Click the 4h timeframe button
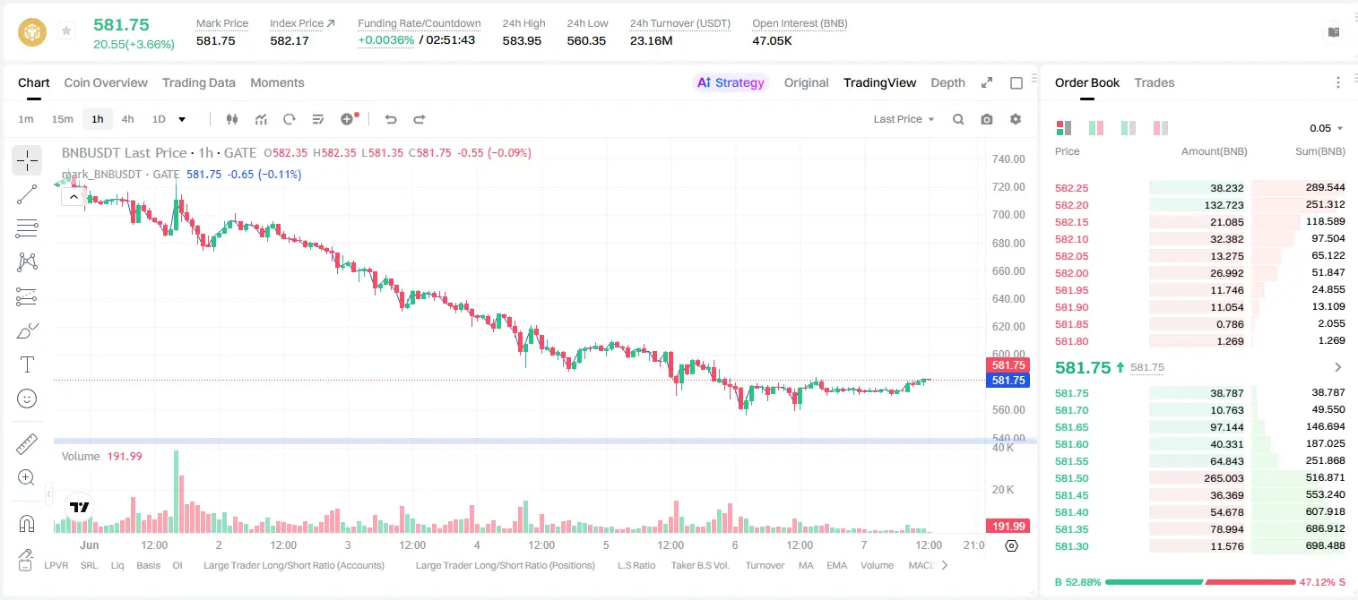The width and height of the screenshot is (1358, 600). pos(127,119)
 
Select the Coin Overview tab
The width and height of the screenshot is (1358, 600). pos(106,82)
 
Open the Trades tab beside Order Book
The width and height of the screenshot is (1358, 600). pos(1155,82)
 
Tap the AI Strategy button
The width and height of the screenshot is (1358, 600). pos(731,82)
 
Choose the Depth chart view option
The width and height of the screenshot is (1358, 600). pos(947,82)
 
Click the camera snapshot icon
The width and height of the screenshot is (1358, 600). pos(987,119)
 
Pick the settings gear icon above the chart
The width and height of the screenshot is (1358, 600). pos(1016,119)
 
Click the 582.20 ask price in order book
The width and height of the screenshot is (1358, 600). pos(1071,205)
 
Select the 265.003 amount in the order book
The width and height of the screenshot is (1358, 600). pos(1224,478)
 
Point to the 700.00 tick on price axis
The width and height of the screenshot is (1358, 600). pos(1008,215)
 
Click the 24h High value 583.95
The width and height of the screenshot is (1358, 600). pos(522,40)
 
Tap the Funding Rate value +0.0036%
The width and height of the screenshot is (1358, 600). pos(386,40)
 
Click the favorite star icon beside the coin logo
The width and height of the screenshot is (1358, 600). pos(66,30)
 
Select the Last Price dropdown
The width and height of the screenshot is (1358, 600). pos(904,119)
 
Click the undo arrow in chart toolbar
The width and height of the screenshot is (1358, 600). pos(391,119)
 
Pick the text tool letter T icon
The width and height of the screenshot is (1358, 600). pos(27,364)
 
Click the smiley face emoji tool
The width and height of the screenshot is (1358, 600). pos(27,399)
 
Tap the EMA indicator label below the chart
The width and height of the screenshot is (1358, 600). pos(836,565)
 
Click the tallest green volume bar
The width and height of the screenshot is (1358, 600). pos(176,491)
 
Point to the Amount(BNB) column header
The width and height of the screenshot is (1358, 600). pos(1214,151)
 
